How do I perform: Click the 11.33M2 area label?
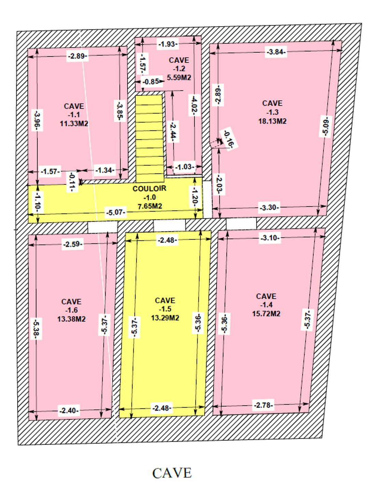74,124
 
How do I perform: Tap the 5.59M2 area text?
179,78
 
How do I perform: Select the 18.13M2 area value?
272,121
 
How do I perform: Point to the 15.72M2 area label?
266,314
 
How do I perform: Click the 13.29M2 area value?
165,318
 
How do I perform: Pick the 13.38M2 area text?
71,319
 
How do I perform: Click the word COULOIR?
150,189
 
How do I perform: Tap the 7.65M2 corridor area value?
150,206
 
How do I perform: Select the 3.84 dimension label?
276,52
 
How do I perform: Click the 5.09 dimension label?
325,126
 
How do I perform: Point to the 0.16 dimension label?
229,139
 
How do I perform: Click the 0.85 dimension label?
151,82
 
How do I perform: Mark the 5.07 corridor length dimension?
116,213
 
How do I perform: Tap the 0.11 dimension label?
72,182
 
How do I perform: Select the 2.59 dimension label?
73,244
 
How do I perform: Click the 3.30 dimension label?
269,207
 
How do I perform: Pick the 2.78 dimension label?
263,405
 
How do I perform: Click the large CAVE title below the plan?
172,473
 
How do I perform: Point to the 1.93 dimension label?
168,44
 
